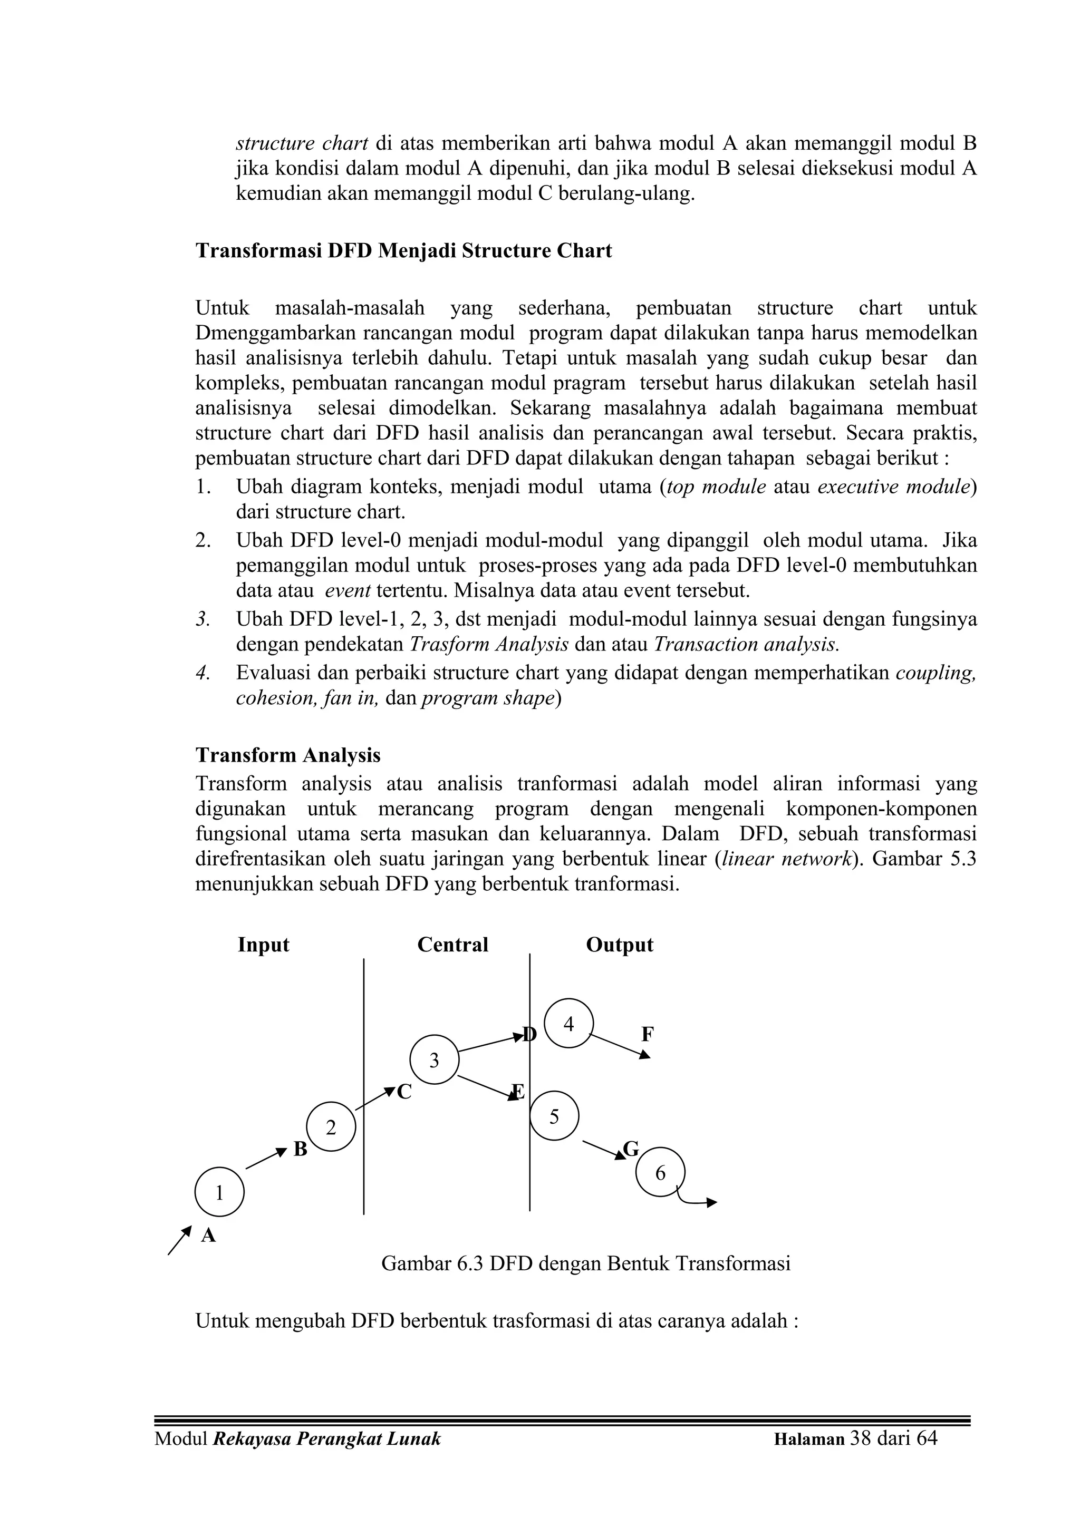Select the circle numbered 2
click(331, 1128)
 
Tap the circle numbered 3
click(434, 1060)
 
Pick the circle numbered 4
click(568, 1024)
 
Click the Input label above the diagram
click(264, 945)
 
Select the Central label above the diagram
click(452, 945)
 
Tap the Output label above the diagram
click(620, 945)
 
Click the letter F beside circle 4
click(648, 1034)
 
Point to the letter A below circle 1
click(208, 1236)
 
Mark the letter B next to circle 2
click(300, 1150)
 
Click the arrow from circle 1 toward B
click(265, 1159)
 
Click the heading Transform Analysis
click(288, 755)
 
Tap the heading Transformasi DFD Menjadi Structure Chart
click(403, 251)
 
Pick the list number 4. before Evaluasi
click(203, 673)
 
